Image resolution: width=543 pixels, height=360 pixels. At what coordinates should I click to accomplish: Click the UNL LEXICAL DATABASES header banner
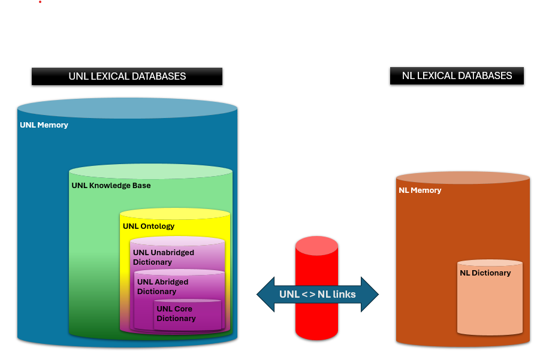point(127,76)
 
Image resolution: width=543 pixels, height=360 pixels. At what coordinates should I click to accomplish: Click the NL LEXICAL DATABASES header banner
point(457,75)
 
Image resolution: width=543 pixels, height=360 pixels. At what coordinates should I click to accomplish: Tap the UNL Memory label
point(44,125)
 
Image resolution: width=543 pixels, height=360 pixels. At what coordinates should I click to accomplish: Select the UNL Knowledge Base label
point(111,186)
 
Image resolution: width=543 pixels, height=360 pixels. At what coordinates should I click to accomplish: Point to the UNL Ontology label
point(149,226)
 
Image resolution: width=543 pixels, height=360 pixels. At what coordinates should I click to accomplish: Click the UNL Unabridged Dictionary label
point(164,258)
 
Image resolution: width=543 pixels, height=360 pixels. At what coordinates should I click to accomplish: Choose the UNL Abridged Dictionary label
point(163,287)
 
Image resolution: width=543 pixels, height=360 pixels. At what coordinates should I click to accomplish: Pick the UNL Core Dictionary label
point(176,314)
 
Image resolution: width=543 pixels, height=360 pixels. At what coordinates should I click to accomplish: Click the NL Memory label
point(420,190)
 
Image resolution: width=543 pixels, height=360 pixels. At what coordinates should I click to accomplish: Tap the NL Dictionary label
point(485,273)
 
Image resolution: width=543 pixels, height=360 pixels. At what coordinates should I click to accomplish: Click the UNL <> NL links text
point(317,294)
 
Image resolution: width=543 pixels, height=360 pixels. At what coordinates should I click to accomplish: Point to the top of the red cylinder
point(316,245)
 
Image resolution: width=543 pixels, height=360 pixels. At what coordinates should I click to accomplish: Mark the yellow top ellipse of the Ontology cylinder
point(174,214)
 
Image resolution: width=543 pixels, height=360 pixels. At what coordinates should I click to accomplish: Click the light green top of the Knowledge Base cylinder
point(150,171)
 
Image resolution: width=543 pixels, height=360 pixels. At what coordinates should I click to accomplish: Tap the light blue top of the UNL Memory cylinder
point(127,108)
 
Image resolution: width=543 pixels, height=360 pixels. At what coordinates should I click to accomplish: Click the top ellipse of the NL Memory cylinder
point(463,177)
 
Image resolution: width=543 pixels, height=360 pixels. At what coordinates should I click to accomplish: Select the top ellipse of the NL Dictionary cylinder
point(490,263)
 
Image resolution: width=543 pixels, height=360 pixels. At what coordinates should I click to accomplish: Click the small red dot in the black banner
point(40,2)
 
